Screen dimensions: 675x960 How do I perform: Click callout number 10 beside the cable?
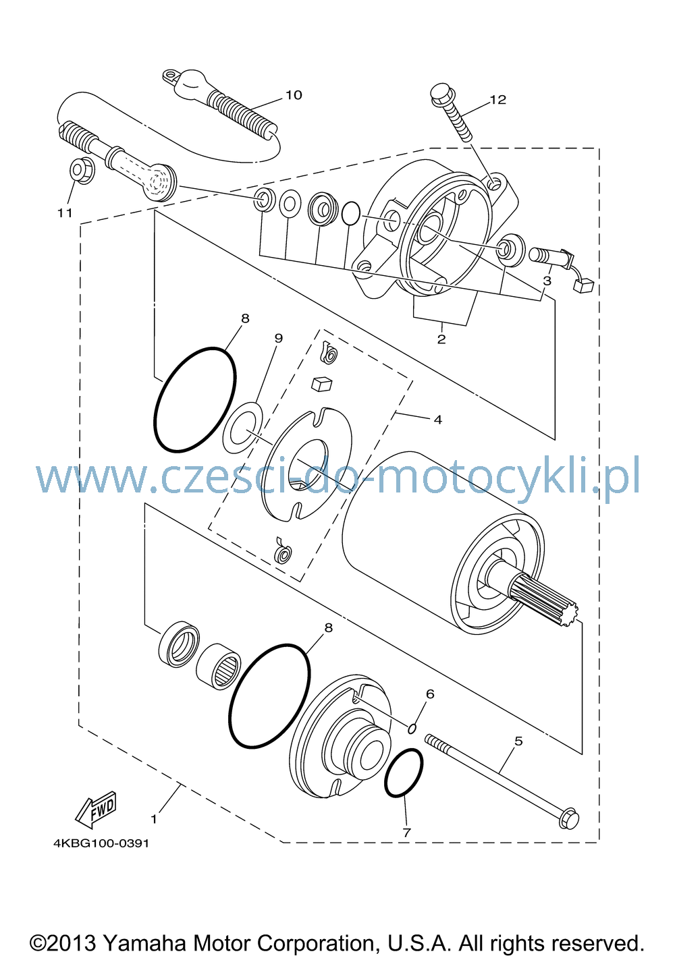point(294,94)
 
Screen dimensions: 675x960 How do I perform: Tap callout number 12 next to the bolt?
point(498,99)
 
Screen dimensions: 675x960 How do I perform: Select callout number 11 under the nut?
point(65,213)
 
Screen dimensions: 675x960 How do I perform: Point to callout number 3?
point(547,281)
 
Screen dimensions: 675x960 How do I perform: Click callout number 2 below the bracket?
point(441,339)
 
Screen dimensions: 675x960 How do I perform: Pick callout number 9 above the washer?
point(279,338)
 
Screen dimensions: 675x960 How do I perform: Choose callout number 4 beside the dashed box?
point(437,419)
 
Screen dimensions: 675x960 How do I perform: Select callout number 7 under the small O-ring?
point(406,832)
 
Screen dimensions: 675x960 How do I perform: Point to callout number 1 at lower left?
point(153,819)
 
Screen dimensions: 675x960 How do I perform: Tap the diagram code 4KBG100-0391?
point(101,843)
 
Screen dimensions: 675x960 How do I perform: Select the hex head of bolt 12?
point(441,94)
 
